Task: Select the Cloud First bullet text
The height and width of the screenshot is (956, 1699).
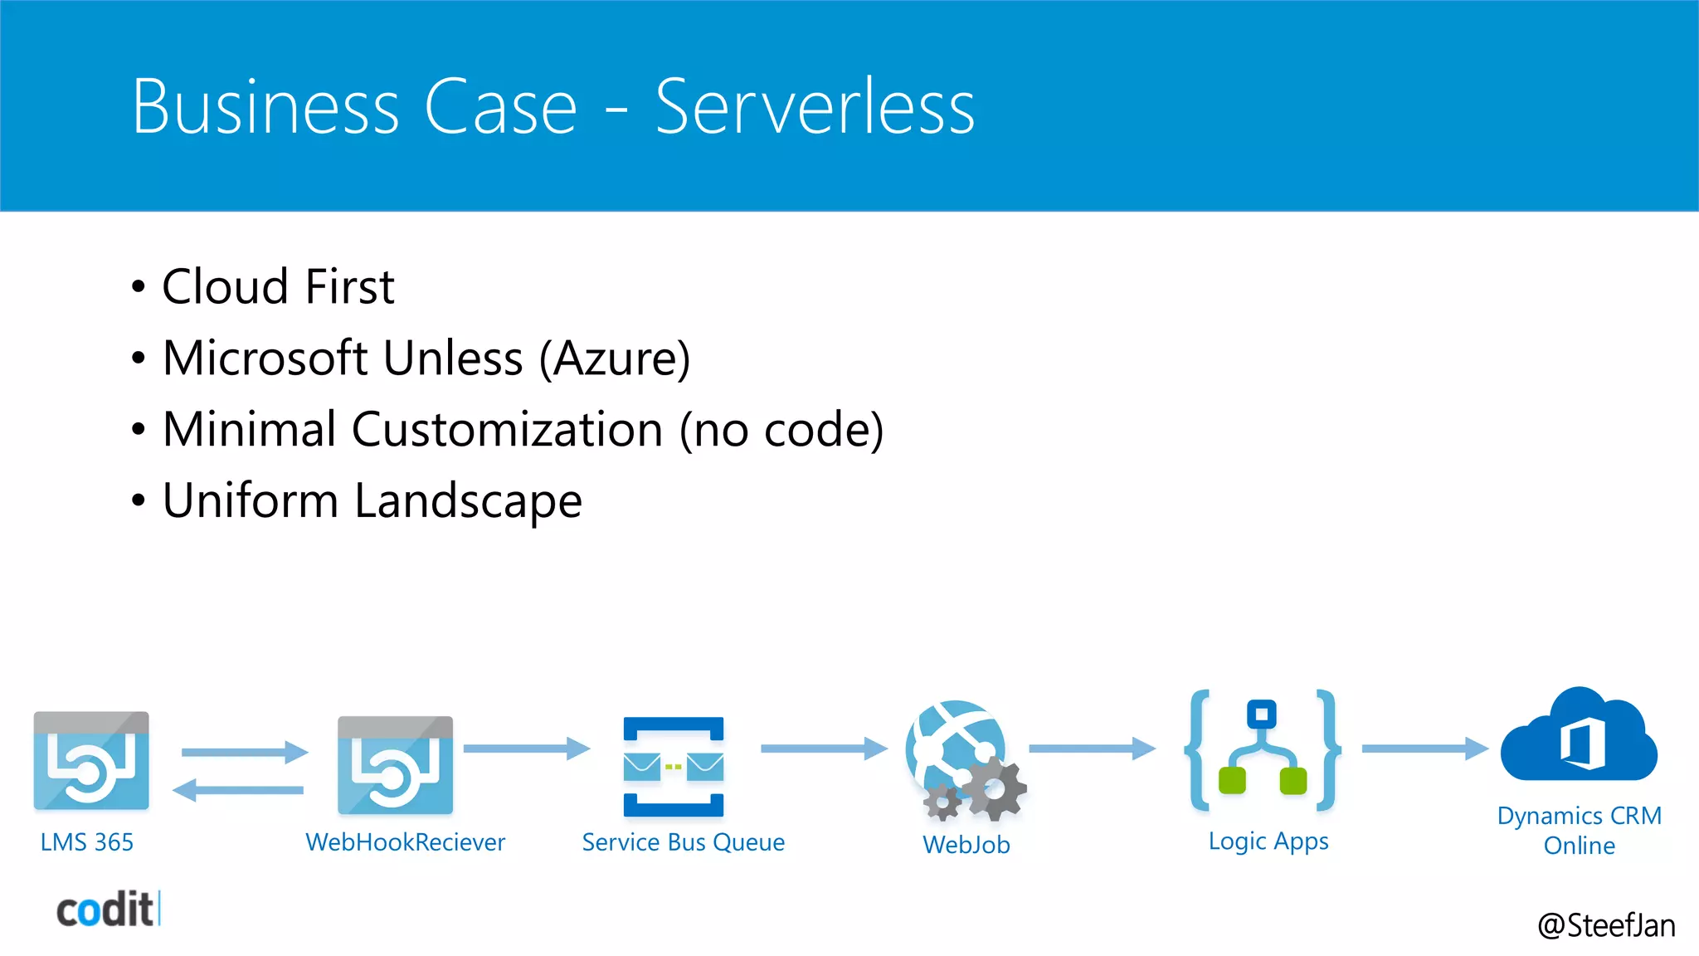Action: point(278,287)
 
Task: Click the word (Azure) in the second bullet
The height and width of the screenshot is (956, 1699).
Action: point(615,358)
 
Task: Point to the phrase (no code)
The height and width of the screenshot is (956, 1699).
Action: point(781,430)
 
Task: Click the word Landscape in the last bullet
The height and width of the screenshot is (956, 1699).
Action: point(468,501)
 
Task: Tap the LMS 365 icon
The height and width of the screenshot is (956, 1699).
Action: point(91,761)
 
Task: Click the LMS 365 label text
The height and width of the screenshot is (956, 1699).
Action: point(87,842)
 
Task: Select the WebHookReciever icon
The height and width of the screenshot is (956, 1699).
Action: point(396,765)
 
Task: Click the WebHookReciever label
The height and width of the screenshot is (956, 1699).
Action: point(405,842)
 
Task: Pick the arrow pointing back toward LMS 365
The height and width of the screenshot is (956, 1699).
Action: point(238,790)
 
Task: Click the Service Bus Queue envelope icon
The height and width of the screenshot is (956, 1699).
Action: point(674,767)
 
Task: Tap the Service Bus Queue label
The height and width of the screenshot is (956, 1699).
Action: point(683,842)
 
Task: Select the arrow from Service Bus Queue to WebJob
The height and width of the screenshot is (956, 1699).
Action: point(824,749)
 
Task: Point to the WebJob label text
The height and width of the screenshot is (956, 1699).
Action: point(966,845)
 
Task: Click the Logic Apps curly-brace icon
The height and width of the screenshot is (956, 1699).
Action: point(1263,751)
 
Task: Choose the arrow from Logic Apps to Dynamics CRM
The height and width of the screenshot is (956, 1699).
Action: point(1424,749)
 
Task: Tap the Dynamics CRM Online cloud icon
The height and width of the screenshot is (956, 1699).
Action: point(1580,737)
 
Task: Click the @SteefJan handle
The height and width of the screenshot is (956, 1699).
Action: point(1606,925)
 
